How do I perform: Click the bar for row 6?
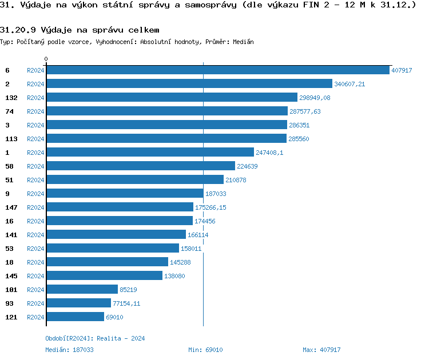217,70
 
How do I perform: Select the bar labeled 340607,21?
189,84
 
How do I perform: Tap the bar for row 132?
172,98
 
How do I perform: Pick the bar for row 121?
75,317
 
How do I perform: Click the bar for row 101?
82,290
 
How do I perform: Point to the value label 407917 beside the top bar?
402,70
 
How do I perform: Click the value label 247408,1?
269,153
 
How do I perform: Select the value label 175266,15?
210,207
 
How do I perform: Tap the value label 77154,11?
126,303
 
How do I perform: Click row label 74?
9,111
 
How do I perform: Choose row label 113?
11,139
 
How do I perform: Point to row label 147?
11,207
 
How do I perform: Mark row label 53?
9,249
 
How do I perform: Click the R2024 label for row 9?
35,194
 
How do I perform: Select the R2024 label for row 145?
35,276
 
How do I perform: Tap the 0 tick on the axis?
46,59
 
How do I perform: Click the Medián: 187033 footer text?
69,350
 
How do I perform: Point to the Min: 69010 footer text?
205,350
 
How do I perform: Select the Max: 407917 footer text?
321,350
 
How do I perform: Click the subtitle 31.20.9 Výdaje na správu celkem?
80,30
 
